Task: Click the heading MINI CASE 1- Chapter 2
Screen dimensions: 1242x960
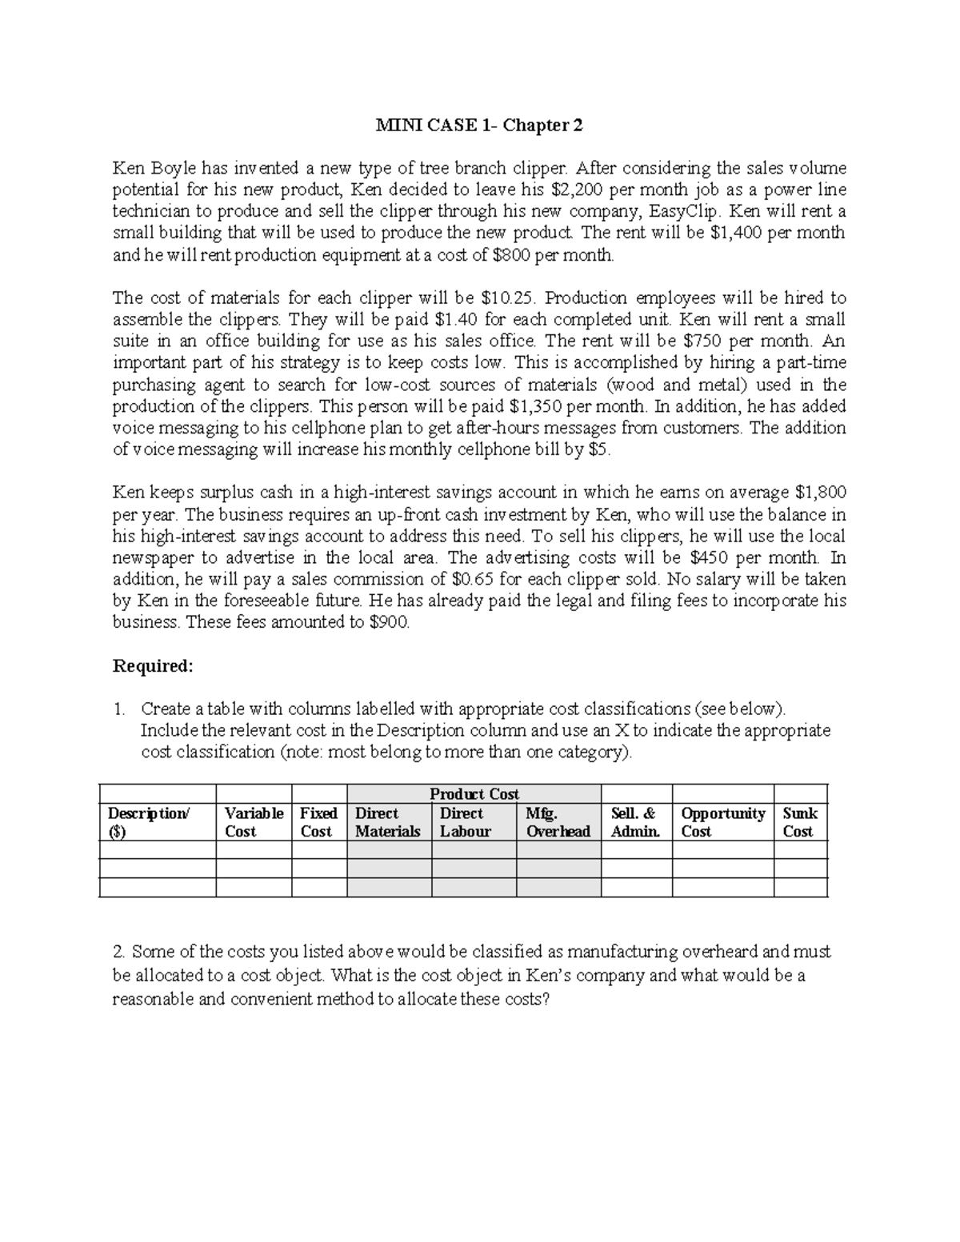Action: click(x=480, y=126)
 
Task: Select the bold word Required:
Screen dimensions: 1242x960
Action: click(x=153, y=666)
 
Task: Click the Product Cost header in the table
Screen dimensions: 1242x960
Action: click(x=474, y=794)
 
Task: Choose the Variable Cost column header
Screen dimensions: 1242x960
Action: click(x=254, y=822)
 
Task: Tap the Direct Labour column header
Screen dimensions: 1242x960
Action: click(x=462, y=822)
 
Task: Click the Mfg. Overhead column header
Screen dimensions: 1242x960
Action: click(x=558, y=822)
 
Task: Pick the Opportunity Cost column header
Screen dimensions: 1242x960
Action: click(x=722, y=822)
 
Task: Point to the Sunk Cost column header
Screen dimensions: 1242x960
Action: click(x=800, y=822)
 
